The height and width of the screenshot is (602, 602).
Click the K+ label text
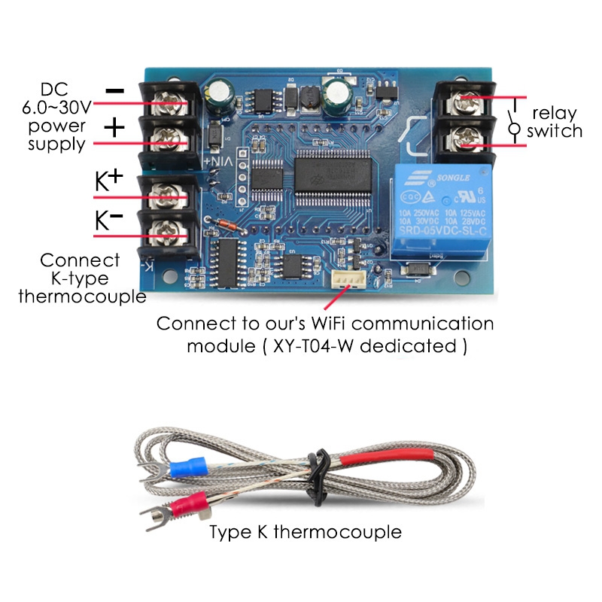[x=108, y=181]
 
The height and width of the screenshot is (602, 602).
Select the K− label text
[x=108, y=220]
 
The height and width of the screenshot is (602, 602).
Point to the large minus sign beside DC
[x=114, y=90]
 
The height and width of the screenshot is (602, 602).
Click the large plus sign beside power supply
[x=114, y=127]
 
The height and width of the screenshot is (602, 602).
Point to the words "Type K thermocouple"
[x=306, y=532]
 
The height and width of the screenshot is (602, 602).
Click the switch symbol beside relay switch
[x=515, y=120]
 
